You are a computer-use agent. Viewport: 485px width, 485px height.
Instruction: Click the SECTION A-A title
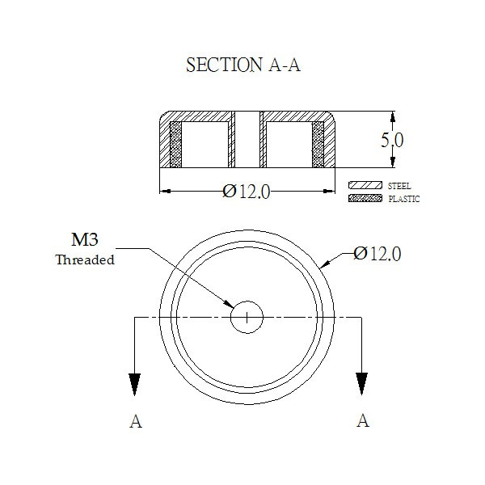coord(243,65)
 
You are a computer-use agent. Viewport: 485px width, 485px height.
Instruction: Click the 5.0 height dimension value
coord(392,140)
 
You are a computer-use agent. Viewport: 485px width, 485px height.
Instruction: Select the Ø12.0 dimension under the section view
coord(247,192)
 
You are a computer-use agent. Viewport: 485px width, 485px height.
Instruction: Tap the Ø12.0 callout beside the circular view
coord(377,254)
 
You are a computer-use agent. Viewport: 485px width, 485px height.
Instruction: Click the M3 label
coord(85,239)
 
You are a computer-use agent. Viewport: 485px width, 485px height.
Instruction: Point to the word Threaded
coord(85,259)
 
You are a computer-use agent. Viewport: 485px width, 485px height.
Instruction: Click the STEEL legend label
coord(399,186)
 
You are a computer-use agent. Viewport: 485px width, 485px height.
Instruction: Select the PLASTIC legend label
coord(404,199)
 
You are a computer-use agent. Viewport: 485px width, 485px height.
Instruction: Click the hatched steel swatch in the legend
coord(365,185)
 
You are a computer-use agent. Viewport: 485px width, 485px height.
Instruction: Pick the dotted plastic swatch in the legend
coord(365,198)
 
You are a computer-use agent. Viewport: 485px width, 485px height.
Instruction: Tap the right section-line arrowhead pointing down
coord(361,384)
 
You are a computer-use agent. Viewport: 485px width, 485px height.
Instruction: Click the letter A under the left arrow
coord(136,421)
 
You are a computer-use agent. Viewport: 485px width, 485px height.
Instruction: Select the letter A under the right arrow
coord(363,420)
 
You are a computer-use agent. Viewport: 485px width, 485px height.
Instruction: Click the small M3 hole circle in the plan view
coord(247,301)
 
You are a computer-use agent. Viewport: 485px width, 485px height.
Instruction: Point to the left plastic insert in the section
coord(175,145)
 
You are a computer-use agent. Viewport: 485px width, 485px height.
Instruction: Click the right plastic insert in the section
coord(318,145)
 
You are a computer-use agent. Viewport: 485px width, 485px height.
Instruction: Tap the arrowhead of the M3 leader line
coord(229,304)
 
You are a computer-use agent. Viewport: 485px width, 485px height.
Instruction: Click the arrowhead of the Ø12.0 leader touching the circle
coord(325,264)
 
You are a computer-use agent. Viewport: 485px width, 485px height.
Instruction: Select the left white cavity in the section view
coord(205,145)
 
